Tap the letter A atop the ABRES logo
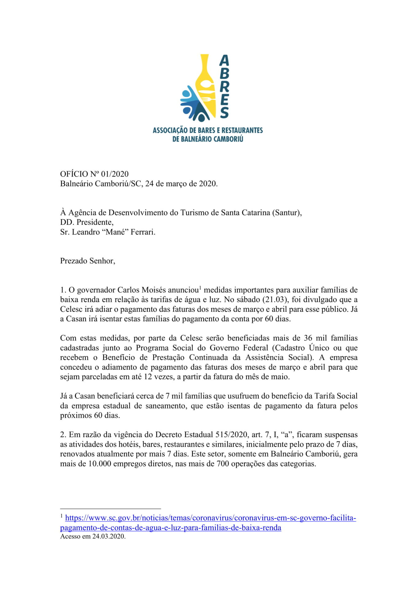pyautogui.click(x=224, y=60)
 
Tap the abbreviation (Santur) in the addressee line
pyautogui.click(x=286, y=213)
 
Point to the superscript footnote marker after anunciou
pyautogui.click(x=200, y=288)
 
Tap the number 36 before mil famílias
pyautogui.click(x=308, y=338)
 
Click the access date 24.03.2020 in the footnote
pyautogui.click(x=109, y=536)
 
